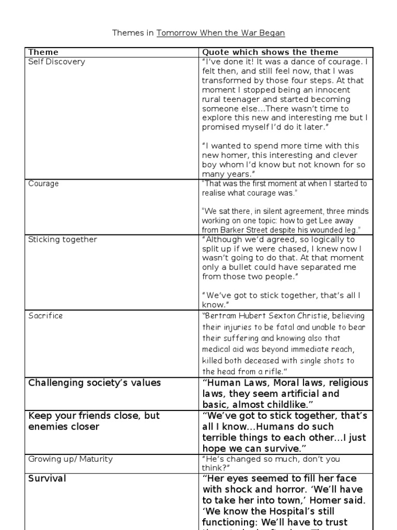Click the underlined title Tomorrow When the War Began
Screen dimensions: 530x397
[221, 33]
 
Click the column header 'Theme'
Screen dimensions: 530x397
[43, 52]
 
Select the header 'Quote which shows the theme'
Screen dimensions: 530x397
[270, 52]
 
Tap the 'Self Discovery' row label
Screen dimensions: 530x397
[57, 62]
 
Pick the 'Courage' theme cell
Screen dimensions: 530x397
[43, 184]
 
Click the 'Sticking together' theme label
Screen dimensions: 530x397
[63, 240]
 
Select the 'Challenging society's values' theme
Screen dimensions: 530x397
[95, 383]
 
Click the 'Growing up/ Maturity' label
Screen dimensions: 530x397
[70, 459]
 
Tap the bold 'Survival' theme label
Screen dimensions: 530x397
[47, 479]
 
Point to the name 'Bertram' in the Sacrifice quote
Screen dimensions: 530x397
[221, 316]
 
